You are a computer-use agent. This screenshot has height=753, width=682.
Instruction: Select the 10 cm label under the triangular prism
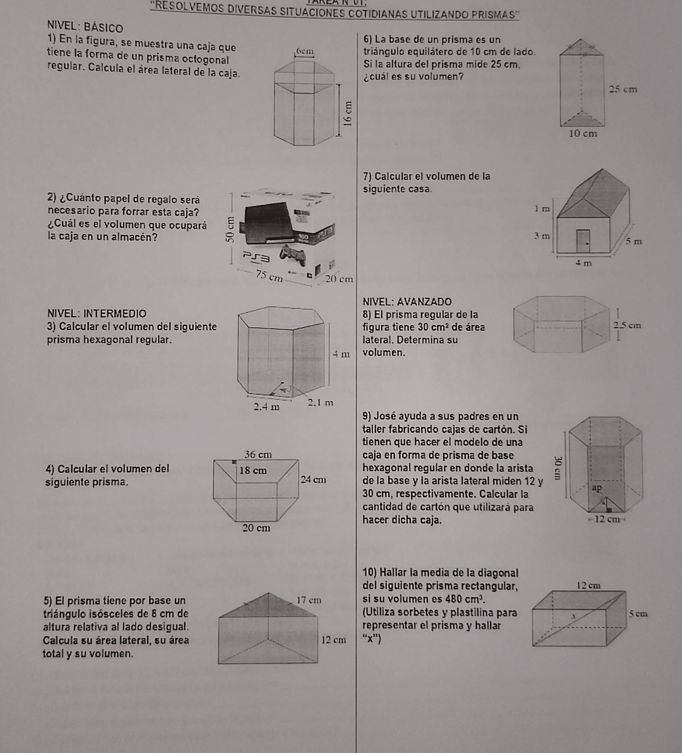583,134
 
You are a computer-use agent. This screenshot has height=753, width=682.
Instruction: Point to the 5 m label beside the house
634,242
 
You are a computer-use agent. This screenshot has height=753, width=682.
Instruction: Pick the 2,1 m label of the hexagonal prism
321,403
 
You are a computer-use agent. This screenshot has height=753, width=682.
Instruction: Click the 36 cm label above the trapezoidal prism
258,455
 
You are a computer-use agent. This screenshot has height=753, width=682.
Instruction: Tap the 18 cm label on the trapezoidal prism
253,471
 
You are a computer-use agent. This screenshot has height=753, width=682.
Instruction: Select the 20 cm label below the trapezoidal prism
256,528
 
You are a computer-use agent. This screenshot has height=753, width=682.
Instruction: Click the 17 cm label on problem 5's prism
309,600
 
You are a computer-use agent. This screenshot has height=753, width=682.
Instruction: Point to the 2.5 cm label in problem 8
627,325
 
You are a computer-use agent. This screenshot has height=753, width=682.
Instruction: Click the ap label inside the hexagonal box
597,487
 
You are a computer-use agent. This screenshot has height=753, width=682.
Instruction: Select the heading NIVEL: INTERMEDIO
97,314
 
